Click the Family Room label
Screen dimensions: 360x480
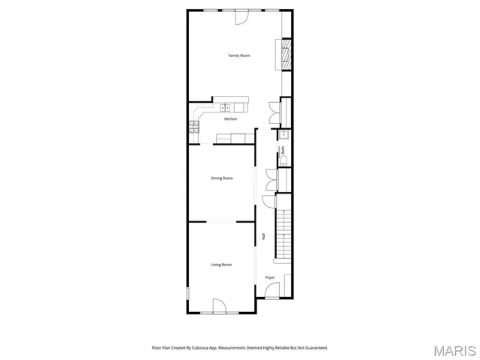point(239,56)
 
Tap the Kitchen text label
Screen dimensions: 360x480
point(231,119)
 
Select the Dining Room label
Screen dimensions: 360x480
point(222,178)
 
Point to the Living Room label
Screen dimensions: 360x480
point(220,265)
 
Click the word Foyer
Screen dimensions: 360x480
point(270,277)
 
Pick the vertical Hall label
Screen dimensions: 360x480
point(264,236)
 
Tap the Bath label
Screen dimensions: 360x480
point(283,150)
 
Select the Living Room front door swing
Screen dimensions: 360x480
point(220,306)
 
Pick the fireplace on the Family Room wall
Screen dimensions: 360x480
point(286,53)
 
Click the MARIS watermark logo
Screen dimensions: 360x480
point(454,350)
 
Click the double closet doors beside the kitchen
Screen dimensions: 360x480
point(274,112)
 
